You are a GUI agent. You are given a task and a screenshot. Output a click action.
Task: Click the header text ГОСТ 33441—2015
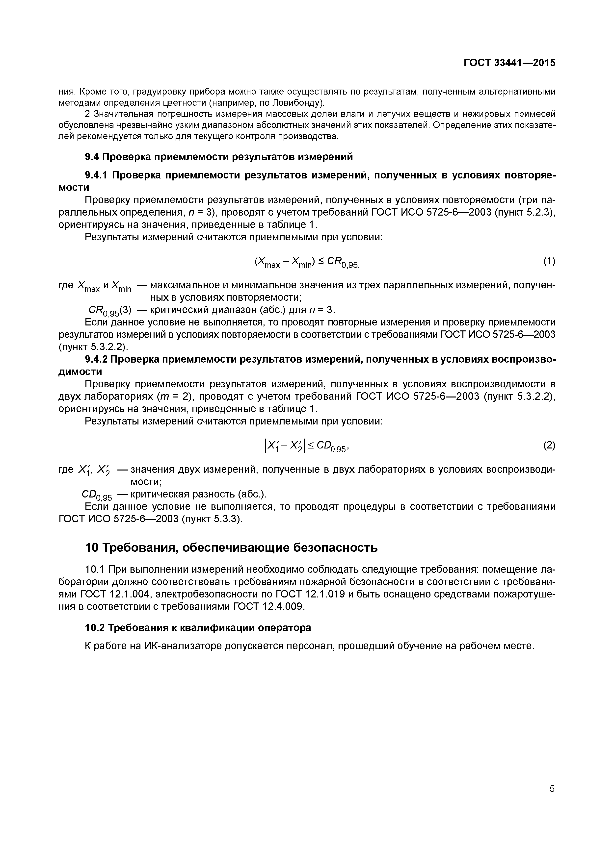coord(509,63)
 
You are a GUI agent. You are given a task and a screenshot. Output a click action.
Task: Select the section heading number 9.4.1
coord(96,175)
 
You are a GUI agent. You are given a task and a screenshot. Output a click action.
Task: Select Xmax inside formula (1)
coord(268,262)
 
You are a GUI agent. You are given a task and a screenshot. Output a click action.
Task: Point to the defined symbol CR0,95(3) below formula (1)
coord(110,311)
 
